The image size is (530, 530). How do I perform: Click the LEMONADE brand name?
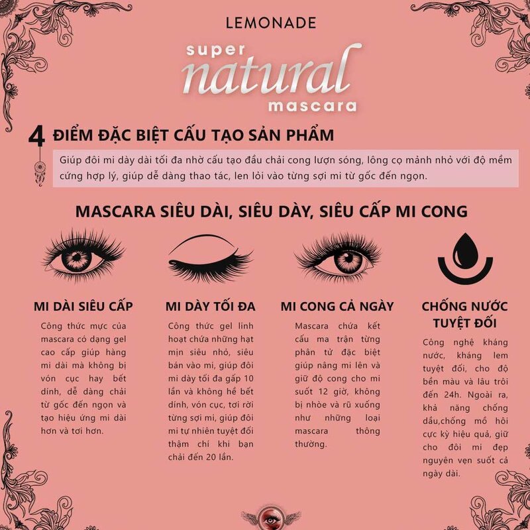tap(270, 23)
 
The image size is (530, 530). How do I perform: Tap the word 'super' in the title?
tap(215, 50)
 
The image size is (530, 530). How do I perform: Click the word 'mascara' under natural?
tap(312, 106)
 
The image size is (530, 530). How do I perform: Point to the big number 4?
tap(36, 136)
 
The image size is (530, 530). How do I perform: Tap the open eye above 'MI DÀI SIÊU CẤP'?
tap(83, 254)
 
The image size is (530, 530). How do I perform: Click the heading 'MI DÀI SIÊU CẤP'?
tap(83, 307)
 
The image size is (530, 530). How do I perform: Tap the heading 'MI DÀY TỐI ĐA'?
tap(210, 307)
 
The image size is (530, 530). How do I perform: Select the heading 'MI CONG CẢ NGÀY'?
tap(337, 307)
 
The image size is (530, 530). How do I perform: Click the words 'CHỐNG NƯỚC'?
tap(465, 307)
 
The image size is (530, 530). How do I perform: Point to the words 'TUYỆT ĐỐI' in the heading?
tap(465, 323)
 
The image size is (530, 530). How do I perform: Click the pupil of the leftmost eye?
tap(76, 258)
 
